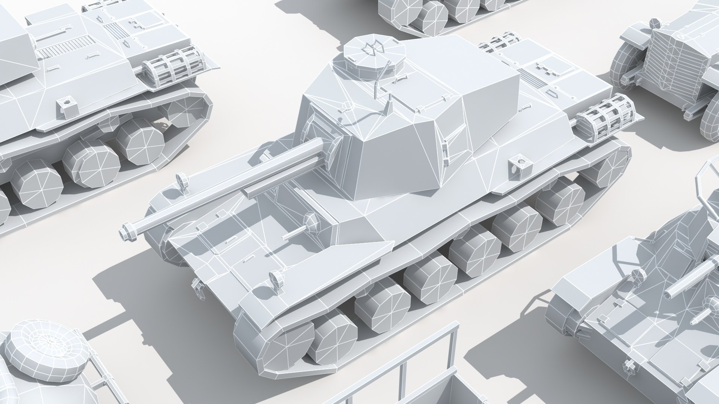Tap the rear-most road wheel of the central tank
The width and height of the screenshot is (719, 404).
pyautogui.click(x=560, y=203)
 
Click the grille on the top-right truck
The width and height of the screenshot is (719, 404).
pyautogui.click(x=674, y=64)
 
